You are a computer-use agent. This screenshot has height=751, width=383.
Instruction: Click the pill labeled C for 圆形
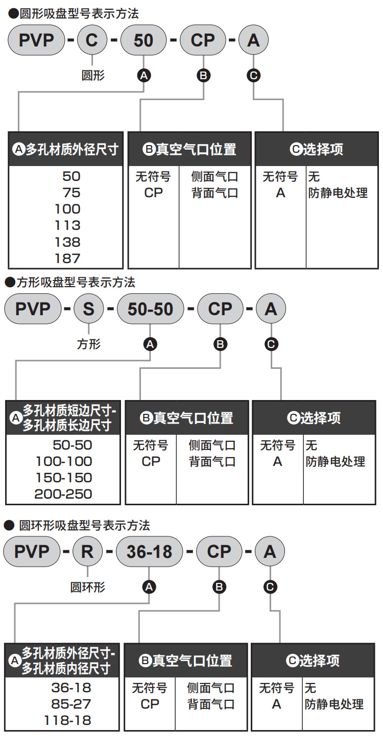click(x=91, y=40)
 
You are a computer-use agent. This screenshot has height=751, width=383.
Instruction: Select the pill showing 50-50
click(x=150, y=309)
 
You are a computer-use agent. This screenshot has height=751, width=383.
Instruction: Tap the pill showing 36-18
click(x=149, y=552)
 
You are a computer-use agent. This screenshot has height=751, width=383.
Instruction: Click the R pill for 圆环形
click(x=88, y=552)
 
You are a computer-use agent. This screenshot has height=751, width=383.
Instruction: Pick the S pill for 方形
click(x=89, y=309)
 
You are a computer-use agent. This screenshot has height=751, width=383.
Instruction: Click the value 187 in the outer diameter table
click(x=67, y=258)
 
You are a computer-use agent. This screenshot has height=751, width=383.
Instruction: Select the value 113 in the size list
click(x=67, y=225)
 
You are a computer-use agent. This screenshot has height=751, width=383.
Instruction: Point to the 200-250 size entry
click(x=63, y=494)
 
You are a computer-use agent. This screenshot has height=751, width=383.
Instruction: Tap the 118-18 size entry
click(x=71, y=720)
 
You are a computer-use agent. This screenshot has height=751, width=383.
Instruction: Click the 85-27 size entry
click(x=71, y=704)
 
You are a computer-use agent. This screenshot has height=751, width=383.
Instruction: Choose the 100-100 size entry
click(x=64, y=461)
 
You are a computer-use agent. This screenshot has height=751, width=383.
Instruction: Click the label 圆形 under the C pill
click(x=93, y=76)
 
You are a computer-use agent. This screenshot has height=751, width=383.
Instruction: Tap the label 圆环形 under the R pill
click(x=88, y=587)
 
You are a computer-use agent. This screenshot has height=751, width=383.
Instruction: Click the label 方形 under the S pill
click(x=89, y=344)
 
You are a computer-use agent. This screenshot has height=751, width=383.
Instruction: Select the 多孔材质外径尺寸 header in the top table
click(x=66, y=149)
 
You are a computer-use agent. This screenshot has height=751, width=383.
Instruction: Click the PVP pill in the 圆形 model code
click(x=36, y=40)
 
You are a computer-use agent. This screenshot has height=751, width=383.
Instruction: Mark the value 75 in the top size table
click(x=71, y=193)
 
